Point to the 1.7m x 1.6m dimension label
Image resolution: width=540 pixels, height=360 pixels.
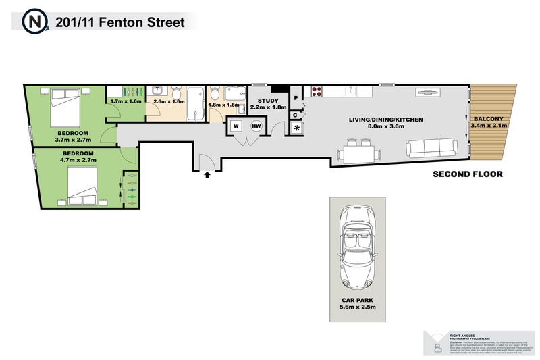[x=126, y=101]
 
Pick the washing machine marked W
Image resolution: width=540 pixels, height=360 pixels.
[x=236, y=126]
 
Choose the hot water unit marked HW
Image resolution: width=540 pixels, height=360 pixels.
[x=256, y=126]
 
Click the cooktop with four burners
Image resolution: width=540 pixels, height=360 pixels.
[x=318, y=91]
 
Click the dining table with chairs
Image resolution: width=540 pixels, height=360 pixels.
[x=357, y=152]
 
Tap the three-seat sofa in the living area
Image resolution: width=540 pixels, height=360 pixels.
[x=431, y=147]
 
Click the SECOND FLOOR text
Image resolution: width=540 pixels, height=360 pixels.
[x=467, y=174]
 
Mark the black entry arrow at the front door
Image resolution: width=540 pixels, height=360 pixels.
[x=207, y=175]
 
